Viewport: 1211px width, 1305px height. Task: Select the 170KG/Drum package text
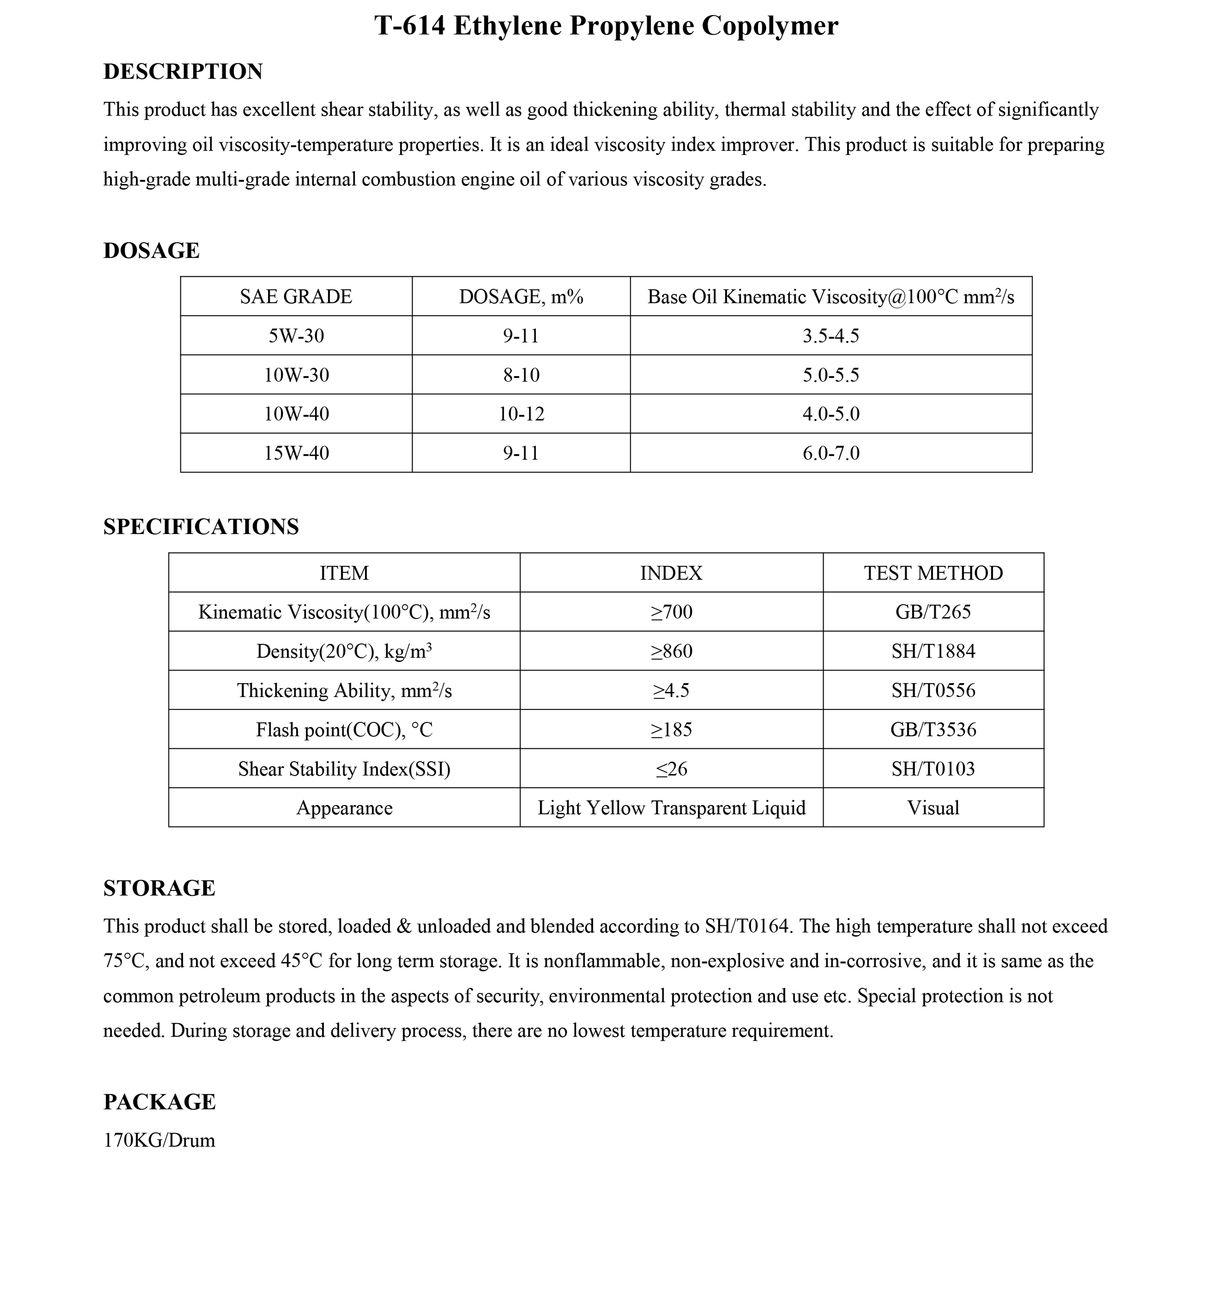pyautogui.click(x=159, y=1141)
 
